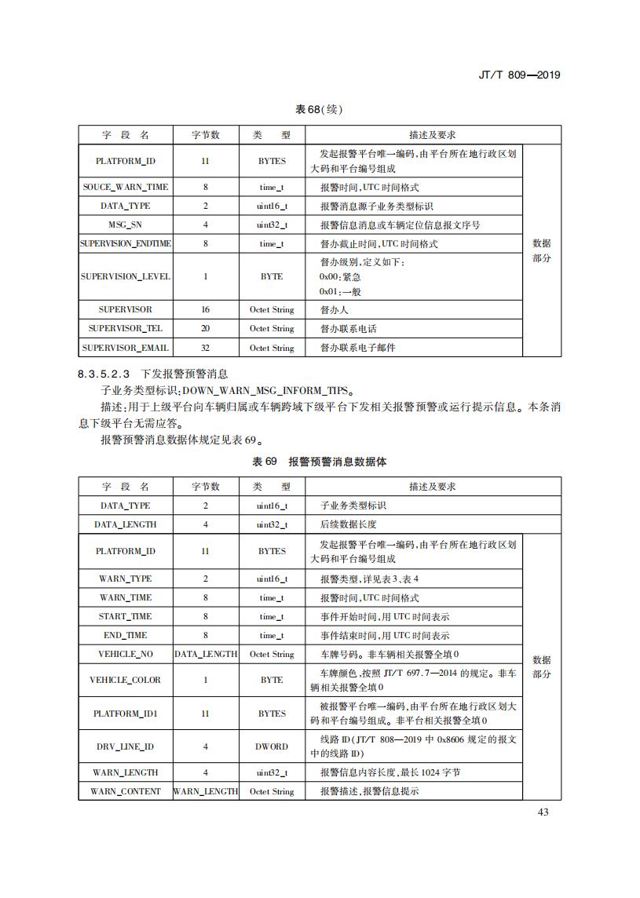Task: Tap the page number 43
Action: (543, 812)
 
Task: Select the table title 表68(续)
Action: (319, 109)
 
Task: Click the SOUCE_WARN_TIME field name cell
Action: (126, 188)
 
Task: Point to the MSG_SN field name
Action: (126, 225)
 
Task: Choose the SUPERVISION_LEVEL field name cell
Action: (126, 276)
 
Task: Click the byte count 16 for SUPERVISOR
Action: (206, 310)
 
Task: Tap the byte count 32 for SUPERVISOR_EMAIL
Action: (206, 348)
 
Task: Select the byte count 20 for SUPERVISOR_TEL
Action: (206, 329)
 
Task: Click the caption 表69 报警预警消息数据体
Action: (319, 462)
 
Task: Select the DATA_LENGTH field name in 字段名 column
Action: (126, 524)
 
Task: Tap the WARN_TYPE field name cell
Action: (126, 579)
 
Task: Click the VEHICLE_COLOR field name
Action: (126, 680)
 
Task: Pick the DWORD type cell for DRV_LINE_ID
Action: (272, 747)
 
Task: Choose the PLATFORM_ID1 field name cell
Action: (126, 714)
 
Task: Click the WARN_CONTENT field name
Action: (126, 791)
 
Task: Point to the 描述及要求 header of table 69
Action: (433, 487)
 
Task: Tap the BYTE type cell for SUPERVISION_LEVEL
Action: (272, 276)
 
